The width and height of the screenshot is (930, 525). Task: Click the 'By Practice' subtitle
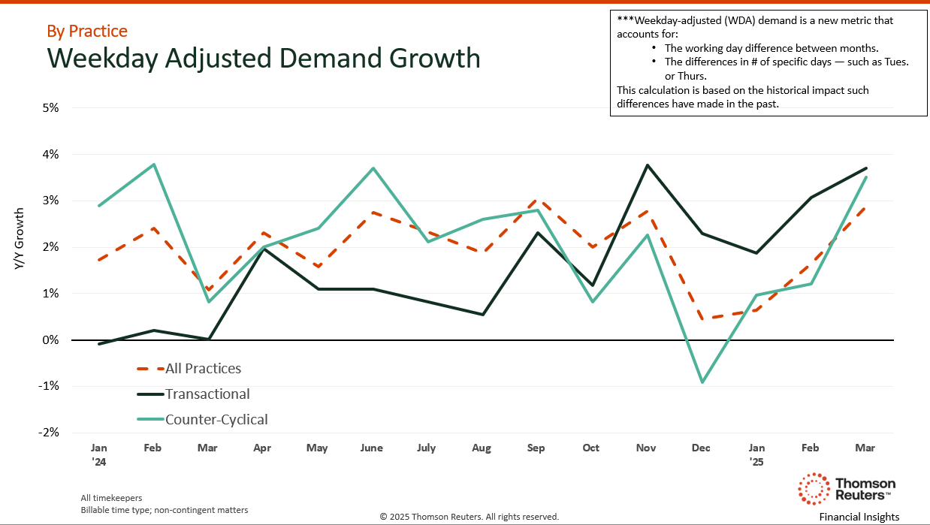[x=87, y=31]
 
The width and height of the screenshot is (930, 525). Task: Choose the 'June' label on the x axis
[x=371, y=448]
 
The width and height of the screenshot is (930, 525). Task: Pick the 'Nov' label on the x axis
[x=646, y=448]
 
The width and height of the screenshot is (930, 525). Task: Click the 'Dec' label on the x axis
[x=701, y=448]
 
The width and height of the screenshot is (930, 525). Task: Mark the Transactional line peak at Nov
[x=646, y=165]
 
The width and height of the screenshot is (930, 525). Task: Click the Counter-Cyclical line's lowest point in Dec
[x=702, y=382]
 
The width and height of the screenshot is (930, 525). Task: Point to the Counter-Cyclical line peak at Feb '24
[x=153, y=164]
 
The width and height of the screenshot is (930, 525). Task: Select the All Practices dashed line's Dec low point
[x=702, y=318]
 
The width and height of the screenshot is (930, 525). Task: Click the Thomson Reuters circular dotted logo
[x=812, y=488]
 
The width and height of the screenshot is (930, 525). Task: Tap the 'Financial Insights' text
[x=859, y=517]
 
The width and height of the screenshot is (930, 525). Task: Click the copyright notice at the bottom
[x=469, y=517]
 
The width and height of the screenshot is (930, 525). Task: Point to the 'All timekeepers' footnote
[x=111, y=498]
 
